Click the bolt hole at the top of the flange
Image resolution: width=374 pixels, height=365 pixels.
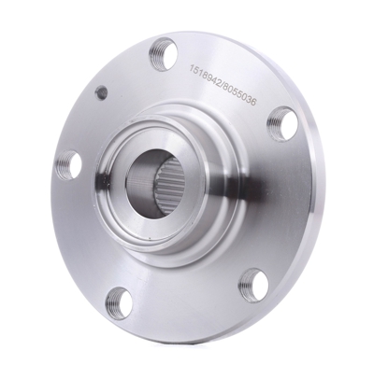tap(163, 49)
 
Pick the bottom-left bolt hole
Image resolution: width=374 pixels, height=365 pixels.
tap(118, 301)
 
